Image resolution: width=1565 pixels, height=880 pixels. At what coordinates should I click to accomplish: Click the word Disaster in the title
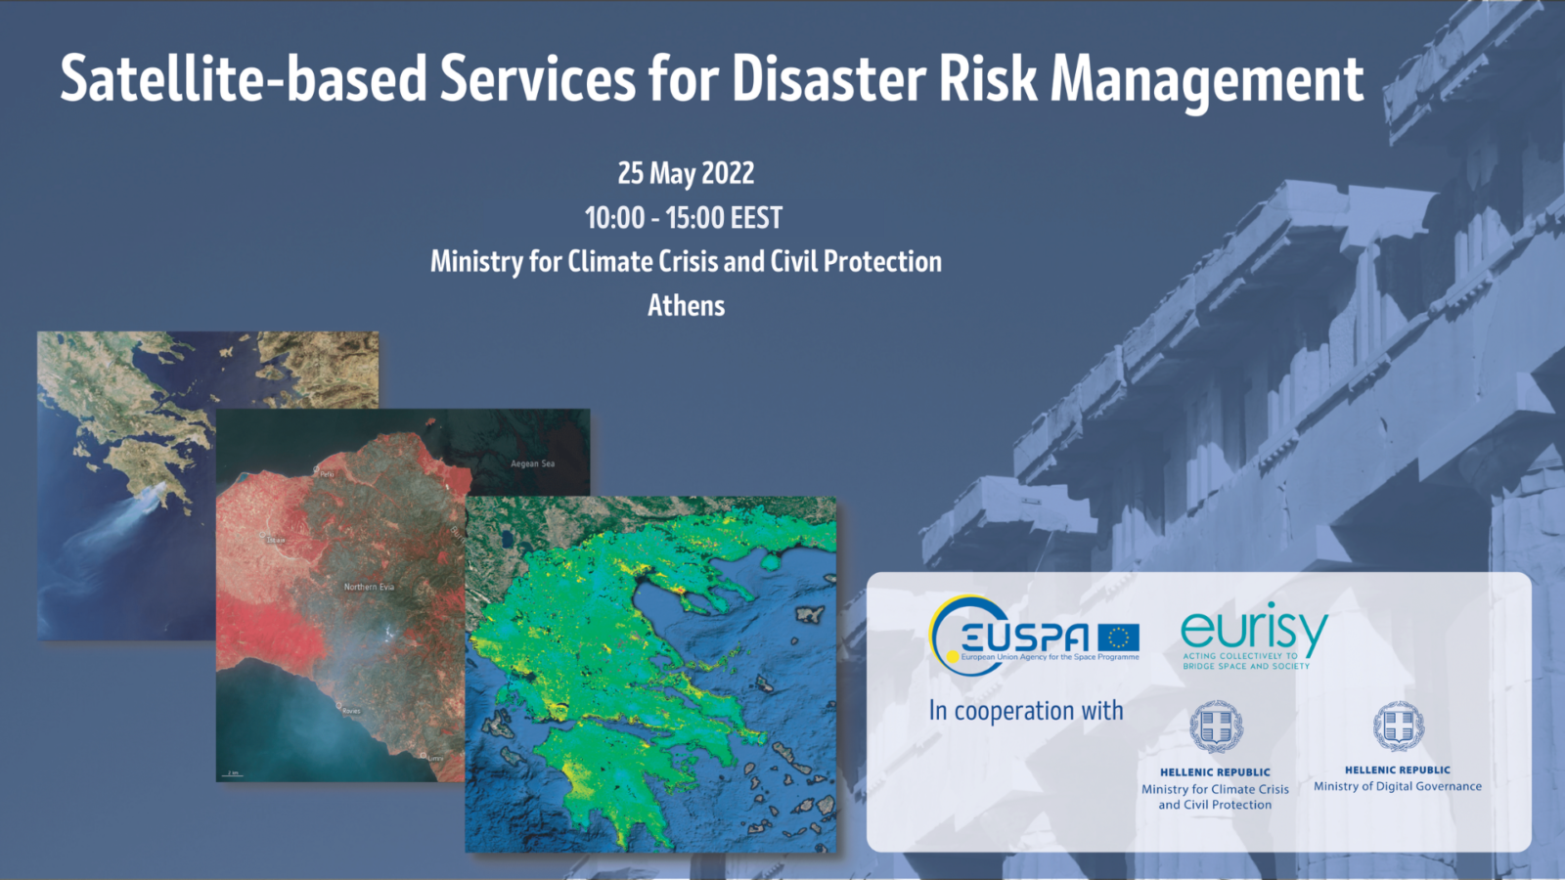coord(828,78)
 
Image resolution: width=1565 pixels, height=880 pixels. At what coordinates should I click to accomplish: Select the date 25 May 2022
coord(686,173)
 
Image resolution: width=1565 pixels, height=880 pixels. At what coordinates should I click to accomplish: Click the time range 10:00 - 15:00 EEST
coord(684,217)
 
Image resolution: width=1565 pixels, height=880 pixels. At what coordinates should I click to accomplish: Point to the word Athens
coord(686,305)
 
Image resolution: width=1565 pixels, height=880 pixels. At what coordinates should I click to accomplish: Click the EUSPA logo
coord(1017,636)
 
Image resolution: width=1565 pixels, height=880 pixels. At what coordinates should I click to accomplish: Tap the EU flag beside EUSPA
coord(1118,638)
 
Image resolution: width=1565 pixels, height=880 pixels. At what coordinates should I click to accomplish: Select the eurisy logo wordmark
coord(1254,630)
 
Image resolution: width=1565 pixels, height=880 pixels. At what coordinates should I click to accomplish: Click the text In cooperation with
coord(1026,711)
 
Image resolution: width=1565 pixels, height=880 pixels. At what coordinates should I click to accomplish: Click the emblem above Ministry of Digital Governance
coord(1398,726)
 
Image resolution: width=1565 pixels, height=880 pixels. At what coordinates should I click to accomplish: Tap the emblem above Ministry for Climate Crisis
coord(1216,727)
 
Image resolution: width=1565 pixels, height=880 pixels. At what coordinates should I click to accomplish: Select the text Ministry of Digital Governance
coord(1397,786)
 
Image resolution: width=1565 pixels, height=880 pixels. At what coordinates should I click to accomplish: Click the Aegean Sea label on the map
coord(532,463)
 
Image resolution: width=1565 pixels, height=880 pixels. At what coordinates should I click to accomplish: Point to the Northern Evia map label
coord(369,587)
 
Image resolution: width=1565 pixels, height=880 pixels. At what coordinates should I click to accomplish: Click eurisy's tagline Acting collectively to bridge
coord(1245,661)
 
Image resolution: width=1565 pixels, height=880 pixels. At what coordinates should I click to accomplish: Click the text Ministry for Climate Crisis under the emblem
coord(1215,789)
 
